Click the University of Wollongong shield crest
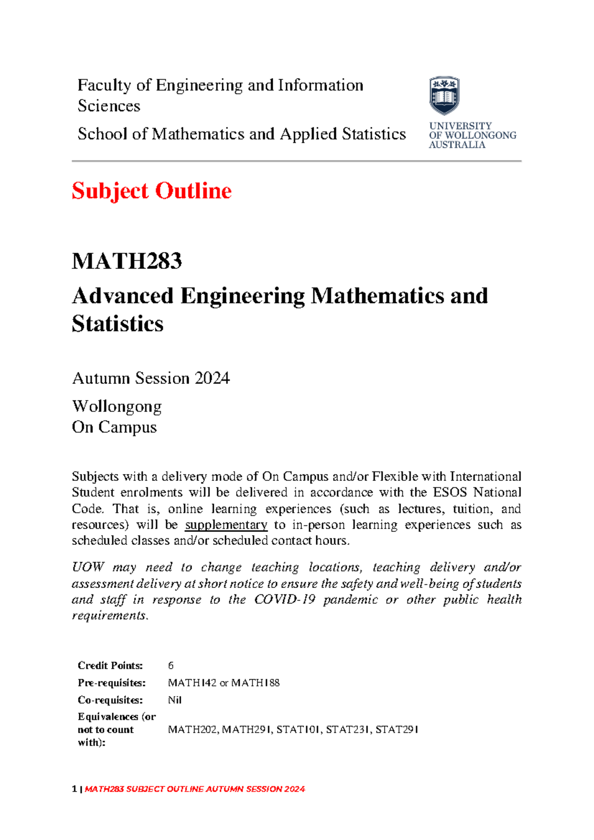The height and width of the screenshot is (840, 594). (444, 96)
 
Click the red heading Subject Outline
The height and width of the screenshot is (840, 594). (151, 191)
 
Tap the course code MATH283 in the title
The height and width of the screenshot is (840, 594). (127, 261)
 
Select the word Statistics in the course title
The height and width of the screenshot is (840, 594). (118, 324)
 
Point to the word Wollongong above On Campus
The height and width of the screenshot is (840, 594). (117, 407)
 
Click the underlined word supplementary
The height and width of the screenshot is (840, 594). (226, 525)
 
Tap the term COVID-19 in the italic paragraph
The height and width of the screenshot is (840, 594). (285, 600)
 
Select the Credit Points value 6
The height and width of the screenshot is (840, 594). (171, 666)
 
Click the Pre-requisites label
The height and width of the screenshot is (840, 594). (112, 683)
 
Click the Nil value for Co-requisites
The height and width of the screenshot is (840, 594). (175, 700)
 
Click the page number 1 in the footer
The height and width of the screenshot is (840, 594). (74, 789)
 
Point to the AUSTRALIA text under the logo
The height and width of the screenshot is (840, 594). (457, 145)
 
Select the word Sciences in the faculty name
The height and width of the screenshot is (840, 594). (109, 106)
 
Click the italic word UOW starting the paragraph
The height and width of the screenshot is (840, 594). (88, 568)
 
